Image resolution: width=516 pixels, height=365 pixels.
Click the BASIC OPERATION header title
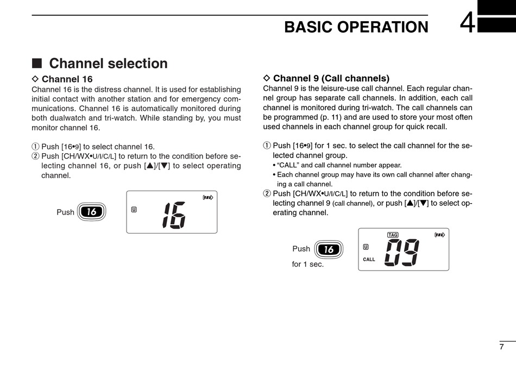coord(356,27)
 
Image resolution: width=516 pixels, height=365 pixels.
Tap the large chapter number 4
coord(468,24)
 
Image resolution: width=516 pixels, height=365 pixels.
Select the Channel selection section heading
coord(108,64)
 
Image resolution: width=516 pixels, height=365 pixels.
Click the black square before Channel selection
coord(37,64)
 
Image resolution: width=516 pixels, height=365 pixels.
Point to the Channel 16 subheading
coord(67,79)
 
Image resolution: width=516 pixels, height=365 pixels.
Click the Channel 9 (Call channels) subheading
coord(331,78)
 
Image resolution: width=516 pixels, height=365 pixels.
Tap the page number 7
coord(501,347)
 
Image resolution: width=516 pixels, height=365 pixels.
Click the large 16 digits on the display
coord(174,215)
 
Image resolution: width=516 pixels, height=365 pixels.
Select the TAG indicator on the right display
coord(393,235)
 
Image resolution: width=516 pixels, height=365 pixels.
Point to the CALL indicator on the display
coord(369,260)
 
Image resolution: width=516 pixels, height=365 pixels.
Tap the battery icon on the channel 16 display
coord(207,198)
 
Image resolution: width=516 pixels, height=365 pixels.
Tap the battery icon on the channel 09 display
coord(439,235)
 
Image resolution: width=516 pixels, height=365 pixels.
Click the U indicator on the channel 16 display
coord(134,209)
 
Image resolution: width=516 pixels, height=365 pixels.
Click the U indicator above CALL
coord(366,247)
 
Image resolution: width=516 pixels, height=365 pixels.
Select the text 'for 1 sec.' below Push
coord(307,265)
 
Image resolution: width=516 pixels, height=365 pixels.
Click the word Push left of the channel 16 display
coord(65,212)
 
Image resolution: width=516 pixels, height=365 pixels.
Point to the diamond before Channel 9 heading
coord(266,78)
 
